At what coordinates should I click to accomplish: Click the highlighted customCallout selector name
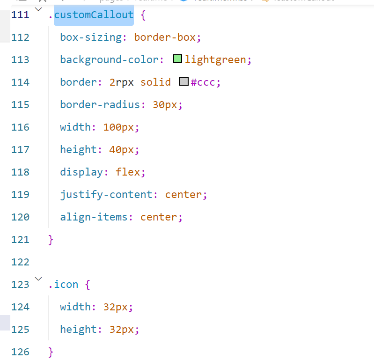94,15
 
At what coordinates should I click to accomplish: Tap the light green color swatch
177,59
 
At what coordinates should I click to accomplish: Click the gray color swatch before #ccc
183,82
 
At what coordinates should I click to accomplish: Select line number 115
20,105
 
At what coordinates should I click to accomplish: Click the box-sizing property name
91,37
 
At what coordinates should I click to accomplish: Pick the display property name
81,172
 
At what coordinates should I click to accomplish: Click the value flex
127,172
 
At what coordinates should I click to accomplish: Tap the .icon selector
63,285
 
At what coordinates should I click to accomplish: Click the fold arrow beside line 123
38,279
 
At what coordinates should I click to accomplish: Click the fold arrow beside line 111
38,9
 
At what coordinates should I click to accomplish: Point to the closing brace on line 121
51,240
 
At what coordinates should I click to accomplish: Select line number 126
20,352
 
